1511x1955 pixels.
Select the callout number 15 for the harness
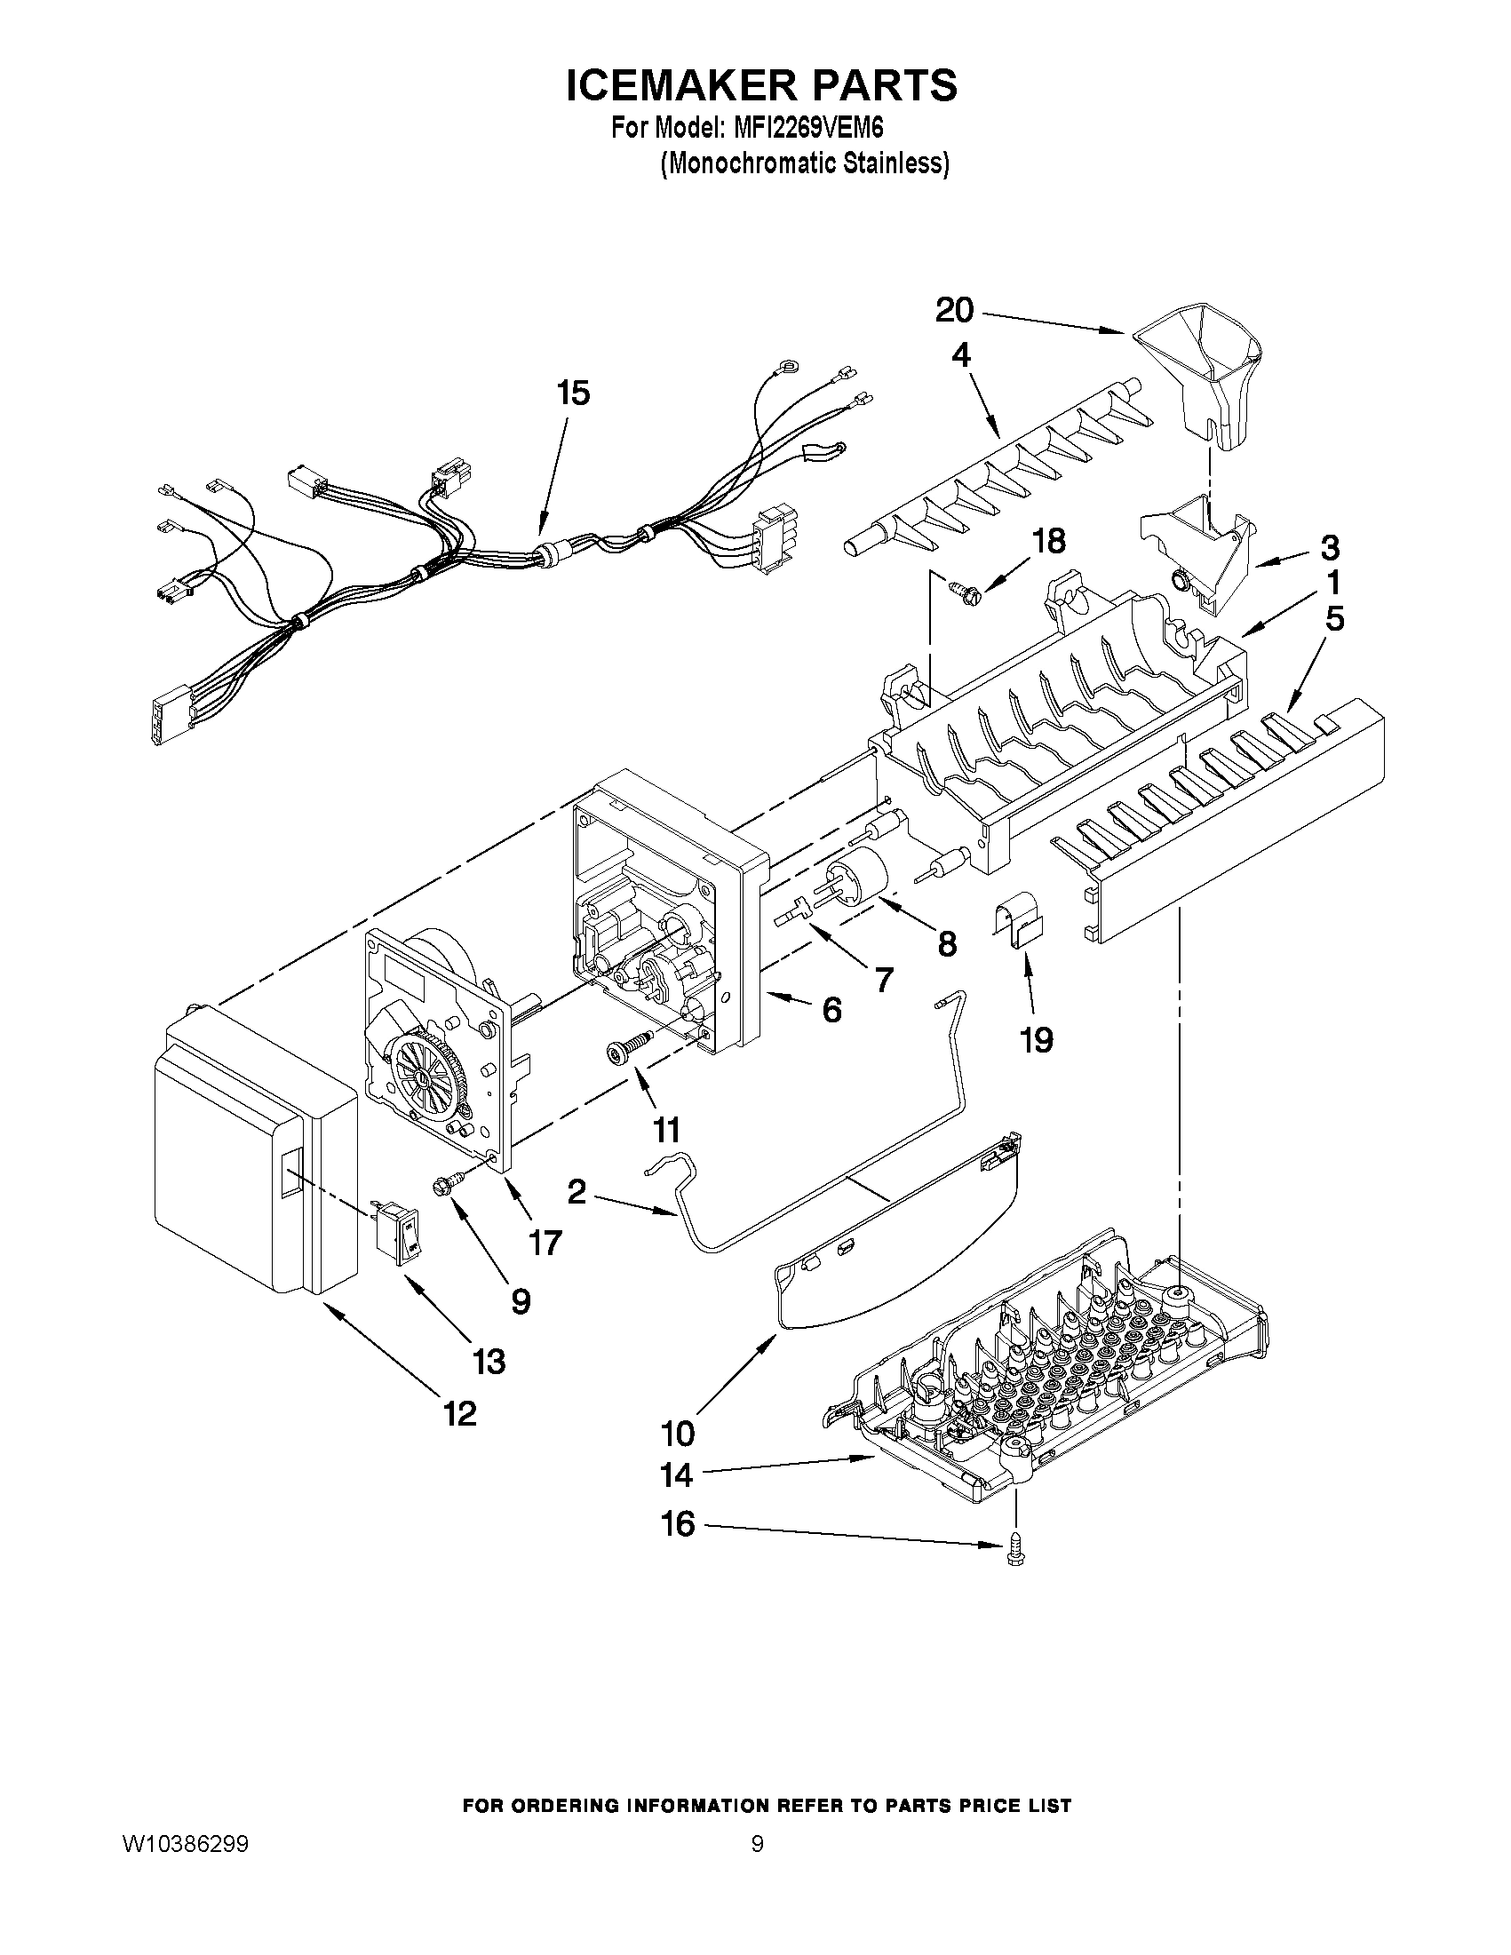pyautogui.click(x=574, y=393)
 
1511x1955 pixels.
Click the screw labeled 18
pyautogui.click(x=963, y=589)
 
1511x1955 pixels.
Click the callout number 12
pyautogui.click(x=459, y=1413)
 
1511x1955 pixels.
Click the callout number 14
pyautogui.click(x=677, y=1474)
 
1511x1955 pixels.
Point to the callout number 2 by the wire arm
pyautogui.click(x=577, y=1191)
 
